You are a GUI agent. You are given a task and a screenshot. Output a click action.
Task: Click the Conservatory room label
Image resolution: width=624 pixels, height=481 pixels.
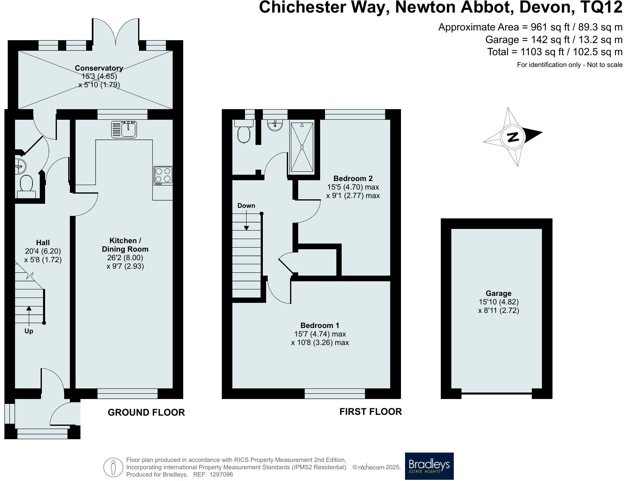click(99, 68)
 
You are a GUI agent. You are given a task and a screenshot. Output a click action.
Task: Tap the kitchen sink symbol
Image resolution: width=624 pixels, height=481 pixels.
click(125, 129)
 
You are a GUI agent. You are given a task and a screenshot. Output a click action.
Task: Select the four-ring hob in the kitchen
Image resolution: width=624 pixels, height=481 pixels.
click(163, 176)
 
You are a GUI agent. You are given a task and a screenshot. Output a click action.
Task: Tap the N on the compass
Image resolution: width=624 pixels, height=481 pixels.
click(513, 137)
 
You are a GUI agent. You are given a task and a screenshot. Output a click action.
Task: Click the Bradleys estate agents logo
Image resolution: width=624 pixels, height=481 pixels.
click(429, 466)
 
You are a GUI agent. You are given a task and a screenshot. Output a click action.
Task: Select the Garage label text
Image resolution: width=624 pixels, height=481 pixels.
click(498, 293)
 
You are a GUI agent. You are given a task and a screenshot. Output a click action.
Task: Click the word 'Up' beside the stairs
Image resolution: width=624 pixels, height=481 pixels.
click(29, 331)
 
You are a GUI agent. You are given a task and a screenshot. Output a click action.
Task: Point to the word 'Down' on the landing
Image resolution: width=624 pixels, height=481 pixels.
click(246, 205)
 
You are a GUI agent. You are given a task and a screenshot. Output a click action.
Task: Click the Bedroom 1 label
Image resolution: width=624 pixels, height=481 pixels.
click(320, 325)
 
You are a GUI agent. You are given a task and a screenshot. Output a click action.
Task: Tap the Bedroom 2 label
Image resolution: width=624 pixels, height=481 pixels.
click(353, 178)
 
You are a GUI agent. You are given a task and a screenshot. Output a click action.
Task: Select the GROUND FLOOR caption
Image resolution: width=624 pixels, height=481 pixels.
click(146, 412)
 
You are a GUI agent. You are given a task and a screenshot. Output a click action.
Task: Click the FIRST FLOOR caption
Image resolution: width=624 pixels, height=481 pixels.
click(370, 412)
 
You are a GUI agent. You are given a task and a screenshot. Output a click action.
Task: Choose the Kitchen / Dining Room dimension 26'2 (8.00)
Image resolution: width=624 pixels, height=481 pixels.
click(125, 258)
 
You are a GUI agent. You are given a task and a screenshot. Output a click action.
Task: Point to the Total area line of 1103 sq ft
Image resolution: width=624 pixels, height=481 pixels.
click(555, 52)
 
